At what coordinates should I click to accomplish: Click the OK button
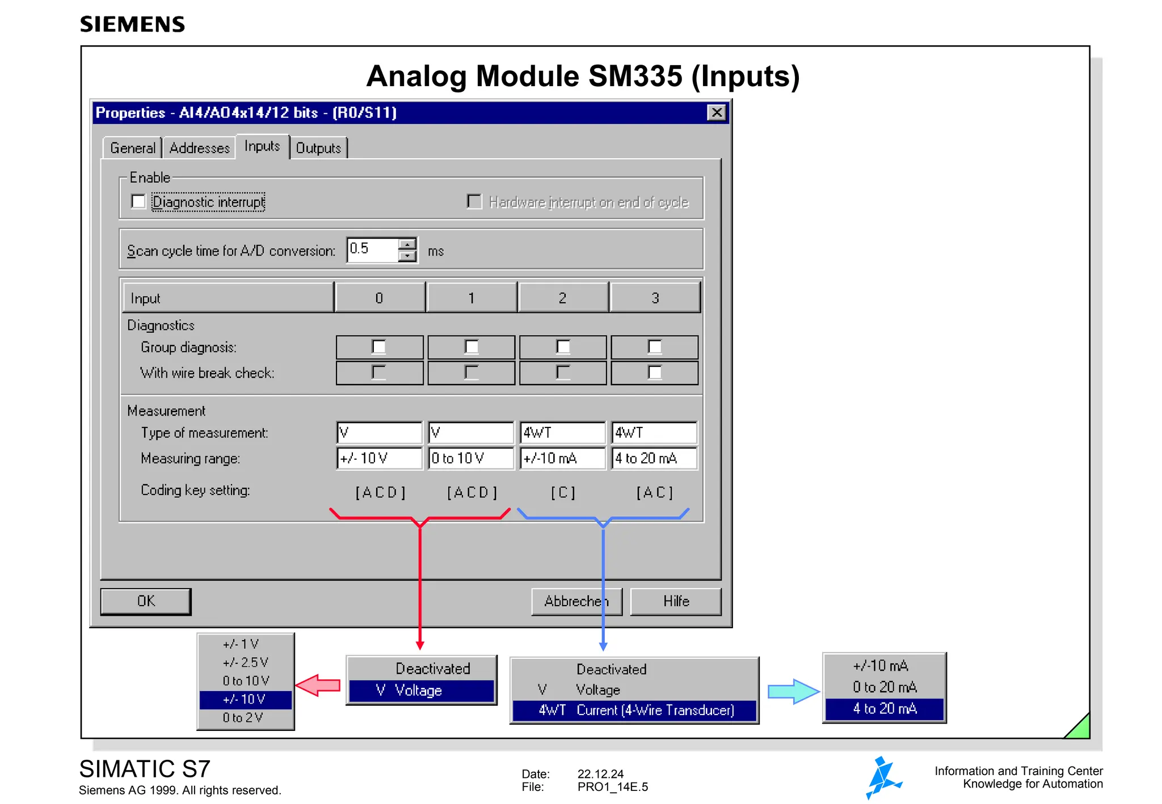[x=146, y=601]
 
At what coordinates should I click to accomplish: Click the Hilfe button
[x=676, y=601]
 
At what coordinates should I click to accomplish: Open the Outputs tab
[x=318, y=148]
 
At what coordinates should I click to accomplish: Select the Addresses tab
[x=199, y=148]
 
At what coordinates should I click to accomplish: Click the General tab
[x=133, y=148]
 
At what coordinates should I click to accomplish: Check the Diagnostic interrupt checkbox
[x=138, y=202]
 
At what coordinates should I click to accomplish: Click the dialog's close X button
[x=717, y=112]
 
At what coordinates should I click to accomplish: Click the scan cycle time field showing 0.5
[x=372, y=249]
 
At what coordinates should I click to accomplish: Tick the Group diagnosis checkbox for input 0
[x=378, y=347]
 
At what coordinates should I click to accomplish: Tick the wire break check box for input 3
[x=655, y=373]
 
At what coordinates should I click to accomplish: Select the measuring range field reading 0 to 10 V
[x=471, y=458]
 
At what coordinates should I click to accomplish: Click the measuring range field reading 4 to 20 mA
[x=654, y=458]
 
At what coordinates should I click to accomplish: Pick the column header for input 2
[x=562, y=298]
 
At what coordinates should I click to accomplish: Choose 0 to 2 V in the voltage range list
[x=244, y=718]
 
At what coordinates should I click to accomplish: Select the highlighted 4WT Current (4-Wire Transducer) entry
[x=635, y=710]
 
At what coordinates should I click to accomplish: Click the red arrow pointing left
[x=318, y=685]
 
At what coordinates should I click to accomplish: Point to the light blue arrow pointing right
[x=793, y=691]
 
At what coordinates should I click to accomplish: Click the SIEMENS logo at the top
[x=132, y=24]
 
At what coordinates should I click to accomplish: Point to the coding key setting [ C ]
[x=563, y=492]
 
